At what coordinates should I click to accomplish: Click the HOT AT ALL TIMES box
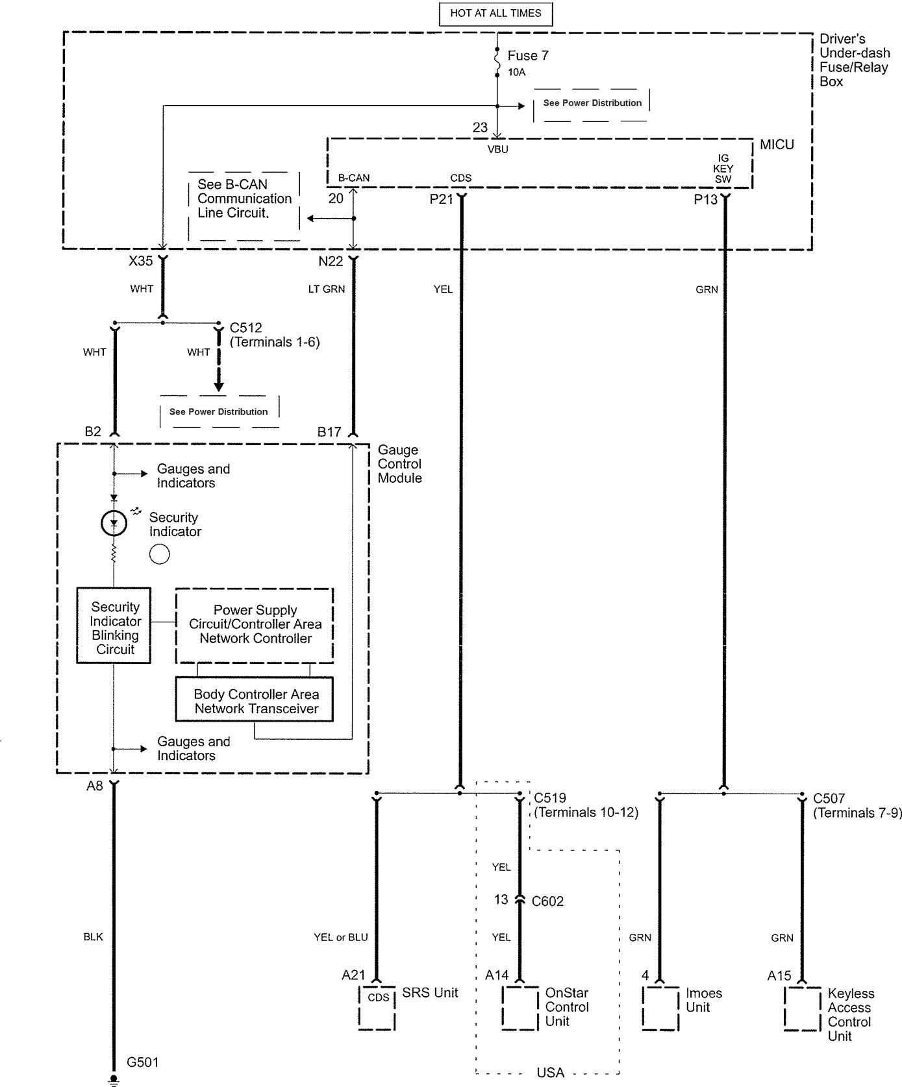coord(495,13)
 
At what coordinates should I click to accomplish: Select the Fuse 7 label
coord(527,56)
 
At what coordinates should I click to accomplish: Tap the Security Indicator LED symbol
coord(114,522)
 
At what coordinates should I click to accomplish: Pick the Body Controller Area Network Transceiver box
coord(255,700)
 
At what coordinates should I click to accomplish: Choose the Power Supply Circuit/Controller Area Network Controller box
coord(255,624)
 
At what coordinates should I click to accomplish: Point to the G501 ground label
coord(142,1062)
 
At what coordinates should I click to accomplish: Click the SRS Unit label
coord(430,992)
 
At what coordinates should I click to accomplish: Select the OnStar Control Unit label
coord(566,1007)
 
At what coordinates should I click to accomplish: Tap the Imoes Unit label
coord(703,1000)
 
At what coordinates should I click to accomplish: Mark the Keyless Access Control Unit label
coord(850,1014)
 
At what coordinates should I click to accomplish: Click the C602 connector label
coord(547,901)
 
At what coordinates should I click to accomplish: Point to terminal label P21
coord(441,199)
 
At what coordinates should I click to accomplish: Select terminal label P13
coord(705,199)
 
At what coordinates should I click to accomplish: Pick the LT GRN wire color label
coord(327,289)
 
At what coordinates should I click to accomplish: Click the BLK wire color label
coord(93,937)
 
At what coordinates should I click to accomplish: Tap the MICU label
coord(777,145)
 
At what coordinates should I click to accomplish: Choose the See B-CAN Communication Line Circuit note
coord(244,199)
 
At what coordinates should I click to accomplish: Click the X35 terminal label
coord(140,261)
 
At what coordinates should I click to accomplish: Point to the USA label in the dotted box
coord(550,1073)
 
